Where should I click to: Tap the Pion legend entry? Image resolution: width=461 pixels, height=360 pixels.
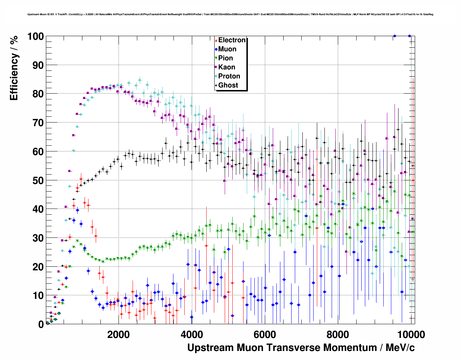[225, 58]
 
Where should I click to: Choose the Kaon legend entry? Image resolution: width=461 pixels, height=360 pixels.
[227, 67]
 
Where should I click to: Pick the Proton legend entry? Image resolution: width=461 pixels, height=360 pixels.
[229, 76]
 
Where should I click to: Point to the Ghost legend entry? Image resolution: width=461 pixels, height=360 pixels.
[228, 85]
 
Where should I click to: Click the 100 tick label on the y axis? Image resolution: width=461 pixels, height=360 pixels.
[35, 37]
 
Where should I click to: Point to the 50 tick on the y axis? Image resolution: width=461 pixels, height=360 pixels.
[38, 180]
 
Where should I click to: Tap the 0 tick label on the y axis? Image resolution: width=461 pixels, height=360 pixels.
[40, 324]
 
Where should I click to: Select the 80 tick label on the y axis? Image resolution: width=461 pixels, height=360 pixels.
[38, 94]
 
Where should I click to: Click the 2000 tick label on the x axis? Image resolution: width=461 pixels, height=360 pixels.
[118, 334]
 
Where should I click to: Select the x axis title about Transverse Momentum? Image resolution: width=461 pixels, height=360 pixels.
[301, 348]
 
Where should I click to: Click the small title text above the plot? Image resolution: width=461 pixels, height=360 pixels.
[230, 14]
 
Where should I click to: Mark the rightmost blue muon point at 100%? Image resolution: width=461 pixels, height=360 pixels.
[409, 36]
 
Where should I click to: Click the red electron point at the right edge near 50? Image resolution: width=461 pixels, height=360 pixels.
[413, 180]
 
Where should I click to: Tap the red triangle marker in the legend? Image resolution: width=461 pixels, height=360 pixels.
[216, 40]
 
